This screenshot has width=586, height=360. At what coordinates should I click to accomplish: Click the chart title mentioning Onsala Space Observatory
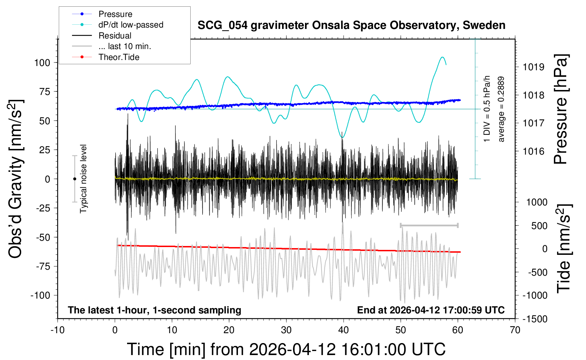click(x=351, y=25)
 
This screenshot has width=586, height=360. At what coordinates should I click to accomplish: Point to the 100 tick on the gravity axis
click(x=42, y=63)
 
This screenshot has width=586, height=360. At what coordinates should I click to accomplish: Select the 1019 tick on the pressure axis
click(x=533, y=67)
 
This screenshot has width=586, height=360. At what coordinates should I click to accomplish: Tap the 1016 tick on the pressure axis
click(x=533, y=151)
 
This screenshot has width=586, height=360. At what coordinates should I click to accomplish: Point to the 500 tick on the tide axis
click(x=539, y=226)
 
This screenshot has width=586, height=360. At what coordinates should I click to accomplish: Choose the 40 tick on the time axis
click(x=343, y=330)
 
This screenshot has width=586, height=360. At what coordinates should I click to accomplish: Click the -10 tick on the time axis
click(x=57, y=330)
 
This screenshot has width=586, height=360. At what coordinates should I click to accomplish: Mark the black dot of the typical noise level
click(x=74, y=179)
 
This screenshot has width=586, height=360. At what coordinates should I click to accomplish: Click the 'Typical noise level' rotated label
click(x=83, y=179)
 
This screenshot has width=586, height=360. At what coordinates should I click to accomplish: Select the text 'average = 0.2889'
click(x=501, y=109)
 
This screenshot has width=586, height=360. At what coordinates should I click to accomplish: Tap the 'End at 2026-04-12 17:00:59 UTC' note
click(x=431, y=310)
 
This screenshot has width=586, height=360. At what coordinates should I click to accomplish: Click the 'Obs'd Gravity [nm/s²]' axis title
click(x=16, y=179)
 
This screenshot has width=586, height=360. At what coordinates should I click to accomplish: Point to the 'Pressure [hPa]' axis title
click(x=561, y=109)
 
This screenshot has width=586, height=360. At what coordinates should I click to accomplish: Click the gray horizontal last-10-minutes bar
click(x=429, y=225)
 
